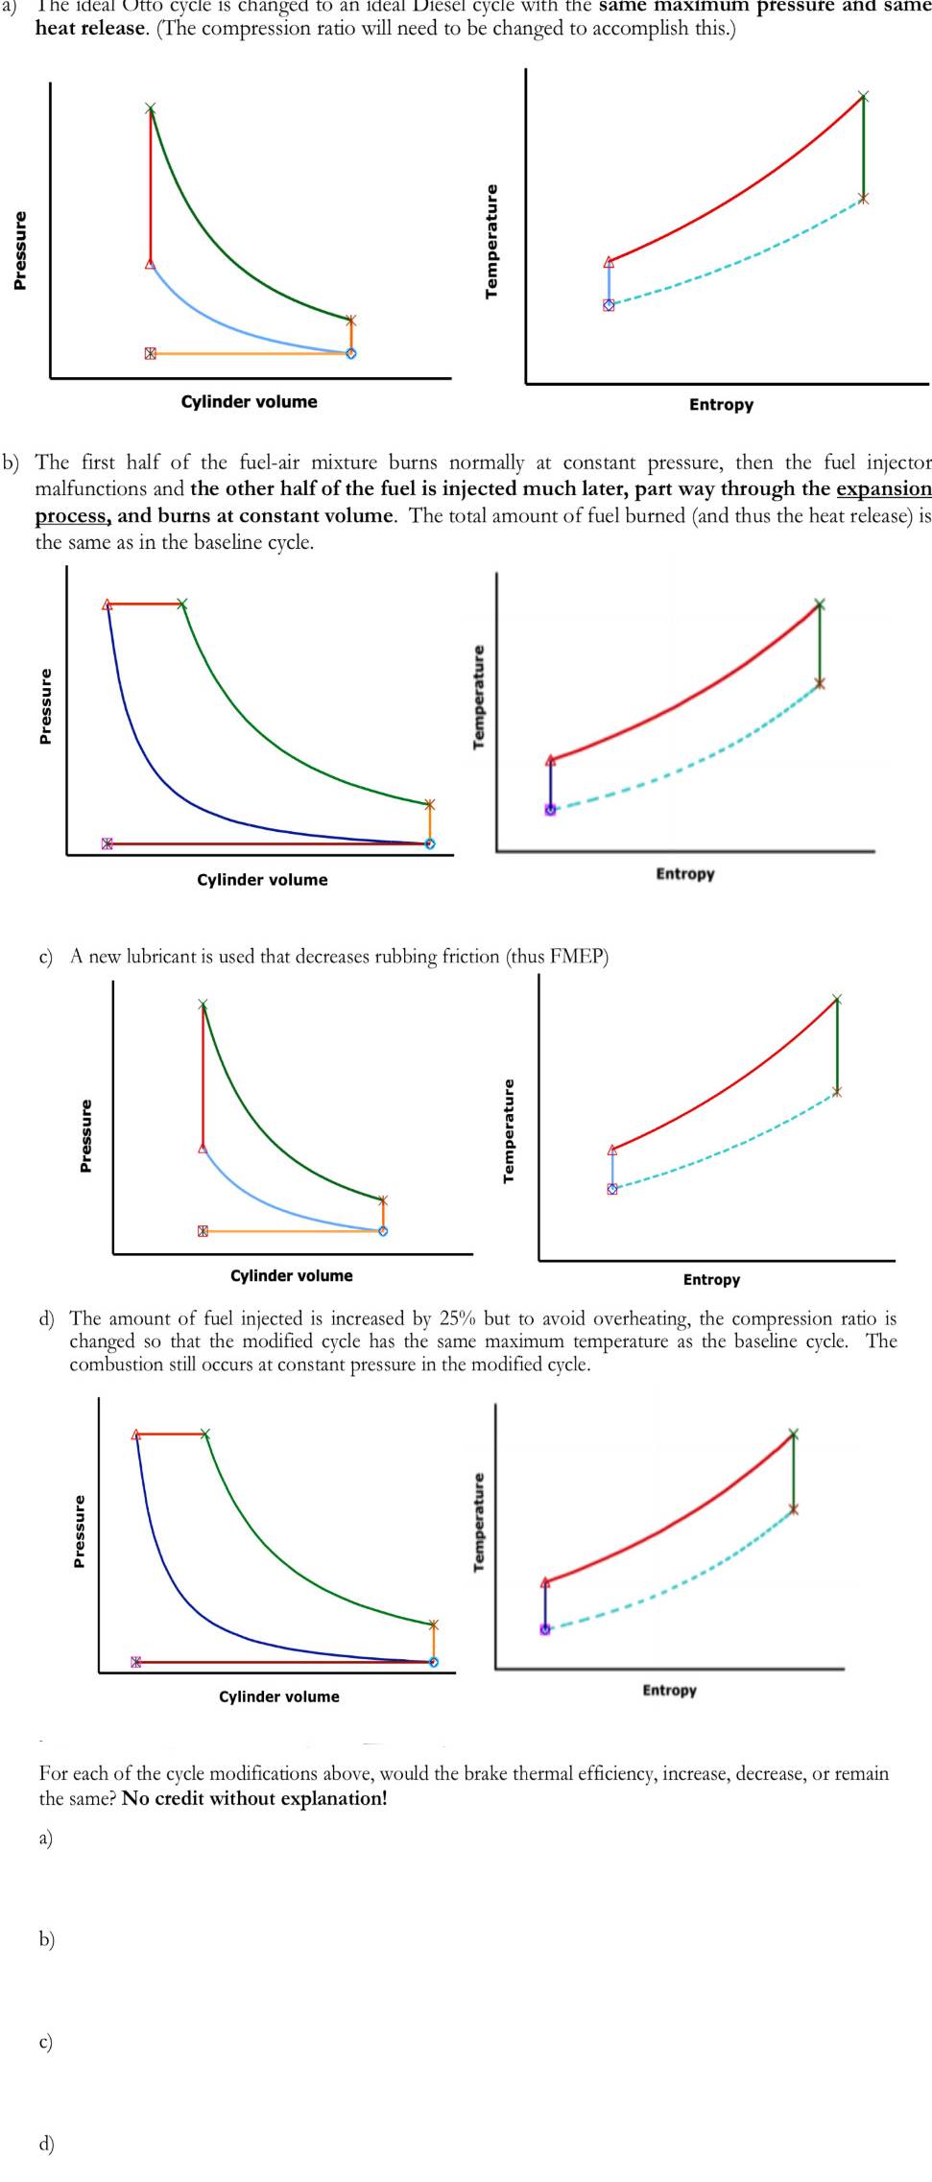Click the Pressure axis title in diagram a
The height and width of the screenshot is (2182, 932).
pos(19,250)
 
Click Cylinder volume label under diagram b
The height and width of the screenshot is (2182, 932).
pos(262,880)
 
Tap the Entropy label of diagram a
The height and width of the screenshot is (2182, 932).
pos(721,405)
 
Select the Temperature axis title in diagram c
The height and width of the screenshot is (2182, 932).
pos(509,1131)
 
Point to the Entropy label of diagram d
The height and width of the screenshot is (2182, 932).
pos(669,1690)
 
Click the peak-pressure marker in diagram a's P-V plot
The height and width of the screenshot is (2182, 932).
pos(150,108)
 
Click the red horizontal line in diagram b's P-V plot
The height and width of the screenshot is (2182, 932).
pos(144,604)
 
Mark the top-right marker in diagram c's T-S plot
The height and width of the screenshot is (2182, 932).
pos(837,1000)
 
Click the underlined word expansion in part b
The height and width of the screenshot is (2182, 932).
pos(883,489)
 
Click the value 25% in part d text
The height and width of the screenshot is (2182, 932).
pos(458,1318)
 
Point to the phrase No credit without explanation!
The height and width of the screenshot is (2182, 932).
pos(254,1798)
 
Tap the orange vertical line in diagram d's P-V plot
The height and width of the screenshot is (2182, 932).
pos(433,1643)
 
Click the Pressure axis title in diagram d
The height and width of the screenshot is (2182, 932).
pos(80,1531)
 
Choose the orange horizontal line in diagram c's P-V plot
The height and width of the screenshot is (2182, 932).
pos(293,1231)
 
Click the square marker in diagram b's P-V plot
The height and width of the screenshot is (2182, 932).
pos(107,843)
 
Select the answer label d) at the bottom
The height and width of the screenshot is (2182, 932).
pos(46,2143)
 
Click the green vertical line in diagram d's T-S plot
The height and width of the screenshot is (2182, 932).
pos(793,1471)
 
